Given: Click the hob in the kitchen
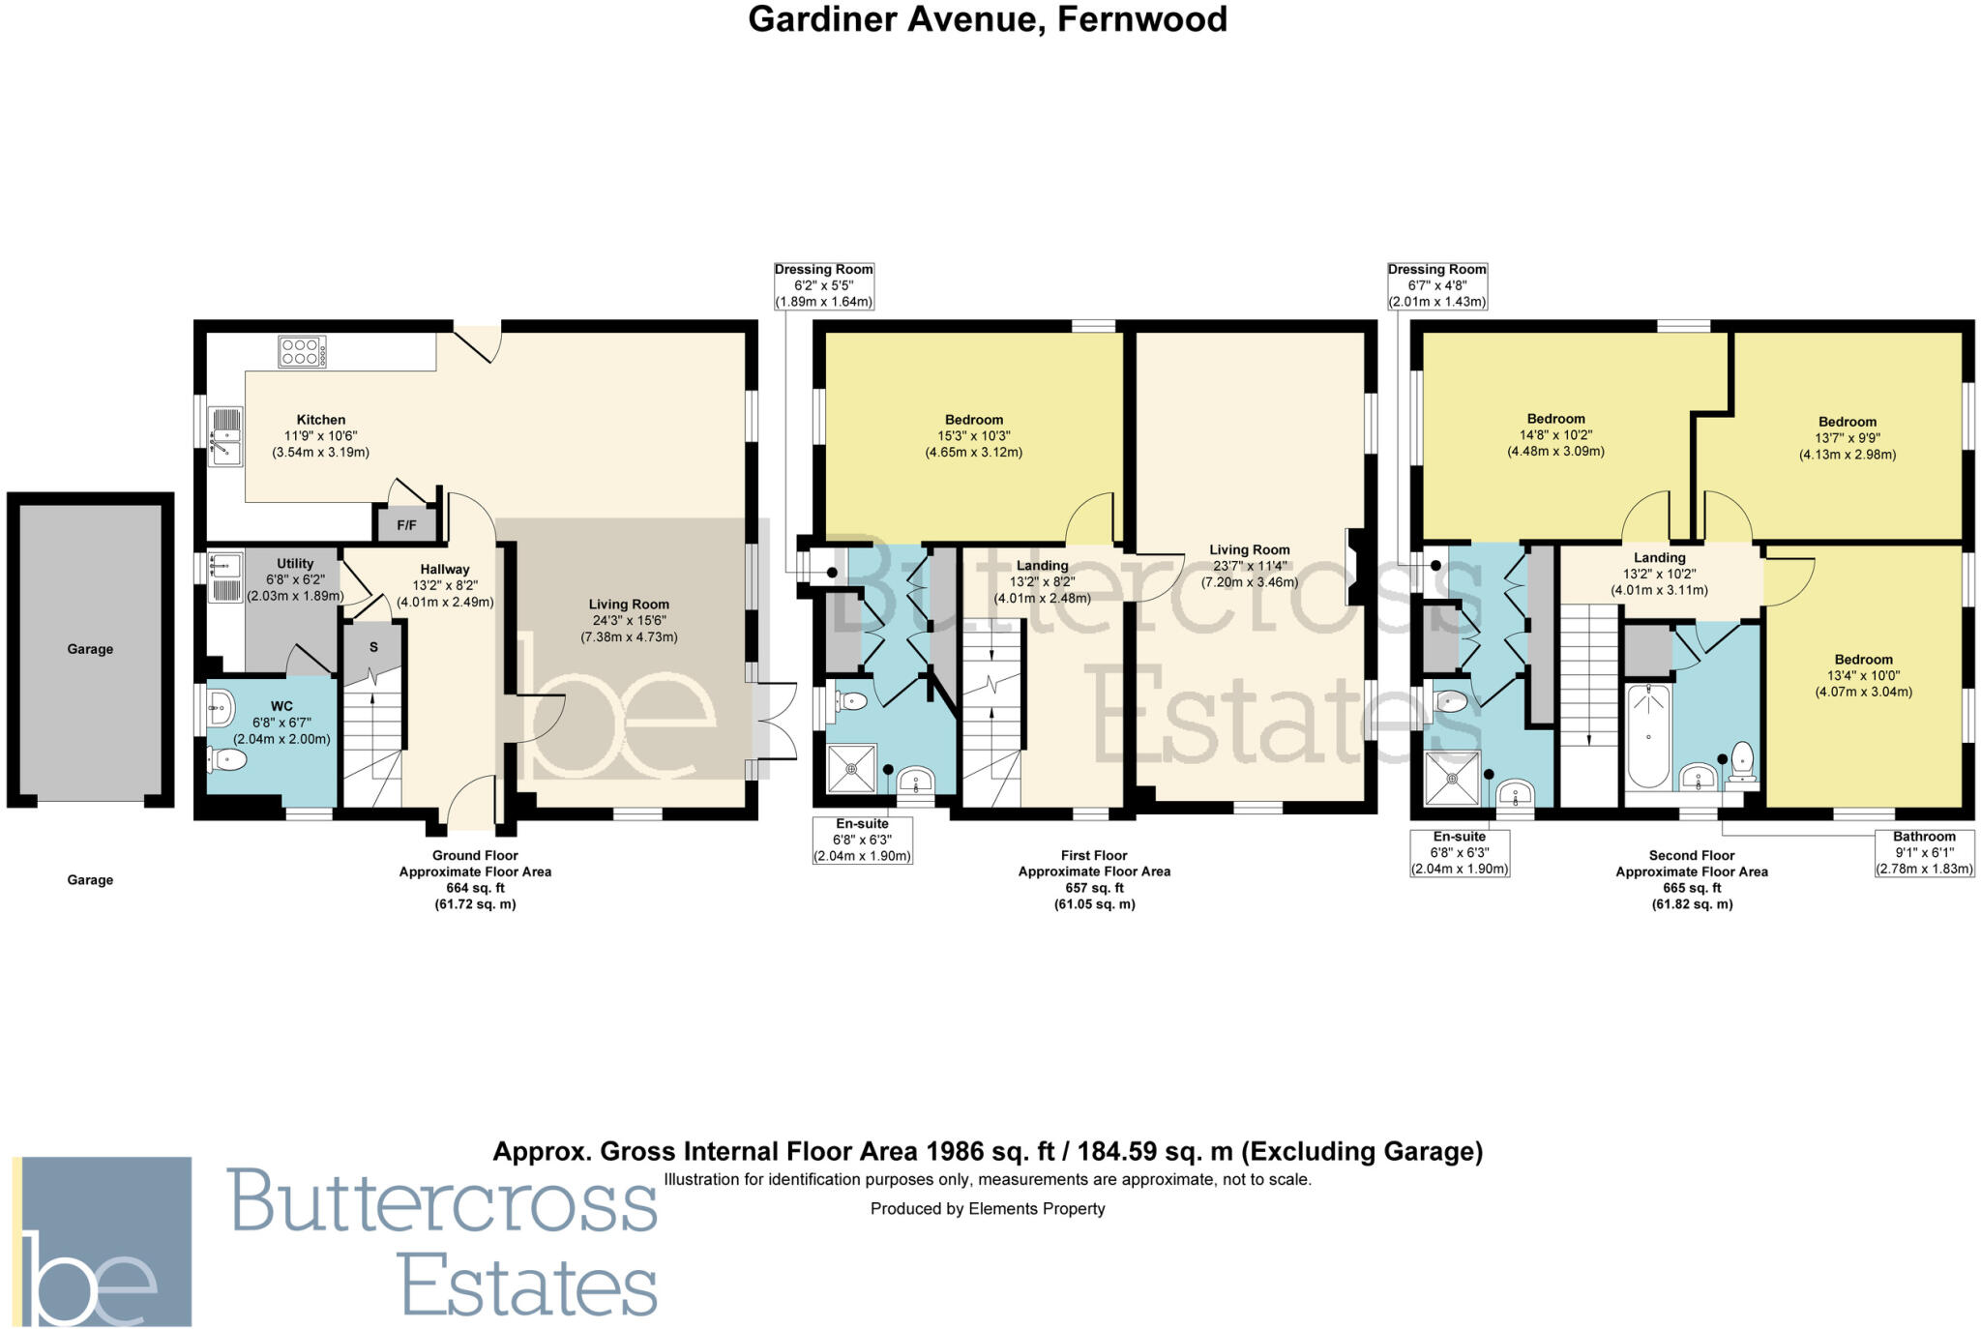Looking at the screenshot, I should point(302,351).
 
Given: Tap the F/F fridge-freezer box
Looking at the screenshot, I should point(406,525).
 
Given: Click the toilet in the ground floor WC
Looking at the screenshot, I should point(228,761).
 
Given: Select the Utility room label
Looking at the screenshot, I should point(295,563).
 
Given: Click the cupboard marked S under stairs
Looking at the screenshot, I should point(373,647).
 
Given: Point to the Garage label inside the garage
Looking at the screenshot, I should point(90,649).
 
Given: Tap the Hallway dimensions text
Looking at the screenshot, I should point(445,594).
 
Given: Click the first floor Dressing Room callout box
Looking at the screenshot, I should point(823,285).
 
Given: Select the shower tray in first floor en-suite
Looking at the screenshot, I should point(852,769).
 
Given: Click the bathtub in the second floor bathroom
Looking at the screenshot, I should point(1647,737).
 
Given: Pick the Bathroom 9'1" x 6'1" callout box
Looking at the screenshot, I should point(1924,852).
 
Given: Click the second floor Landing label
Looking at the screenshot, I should point(1659,558).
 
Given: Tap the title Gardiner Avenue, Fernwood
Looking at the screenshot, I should point(988,19).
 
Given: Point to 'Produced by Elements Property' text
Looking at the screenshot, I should point(988,1208).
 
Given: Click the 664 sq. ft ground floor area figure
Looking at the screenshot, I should point(475,888).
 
